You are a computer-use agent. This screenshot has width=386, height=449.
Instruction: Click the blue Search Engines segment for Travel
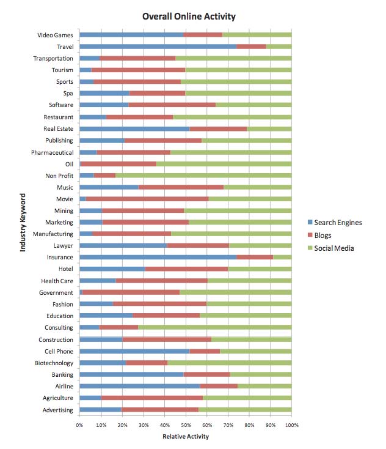[x=158, y=46]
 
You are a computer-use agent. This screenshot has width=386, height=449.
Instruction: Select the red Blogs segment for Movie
[x=147, y=199]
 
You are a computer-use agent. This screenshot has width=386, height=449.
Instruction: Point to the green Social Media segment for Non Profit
[x=203, y=176]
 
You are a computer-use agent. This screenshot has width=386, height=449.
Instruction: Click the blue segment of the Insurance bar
[x=158, y=258]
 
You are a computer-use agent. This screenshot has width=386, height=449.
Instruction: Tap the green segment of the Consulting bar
[x=214, y=328]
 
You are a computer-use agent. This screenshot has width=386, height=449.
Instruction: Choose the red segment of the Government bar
[x=131, y=292]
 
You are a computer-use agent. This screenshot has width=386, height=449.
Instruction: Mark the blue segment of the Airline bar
[x=139, y=387]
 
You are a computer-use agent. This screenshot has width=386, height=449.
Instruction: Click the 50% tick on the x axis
[x=185, y=424]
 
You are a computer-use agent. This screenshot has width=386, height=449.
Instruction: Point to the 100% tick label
[x=291, y=424]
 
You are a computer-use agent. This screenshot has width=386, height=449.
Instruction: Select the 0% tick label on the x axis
[x=79, y=424]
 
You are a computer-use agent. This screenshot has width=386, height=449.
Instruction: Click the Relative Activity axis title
[x=185, y=437]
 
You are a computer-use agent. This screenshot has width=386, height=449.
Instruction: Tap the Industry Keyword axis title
[x=24, y=223]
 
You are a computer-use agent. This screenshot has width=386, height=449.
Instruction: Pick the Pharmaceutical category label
[x=52, y=152]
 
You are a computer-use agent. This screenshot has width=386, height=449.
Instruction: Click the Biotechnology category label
[x=53, y=363]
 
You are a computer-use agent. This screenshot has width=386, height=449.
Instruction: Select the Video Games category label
[x=55, y=35]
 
